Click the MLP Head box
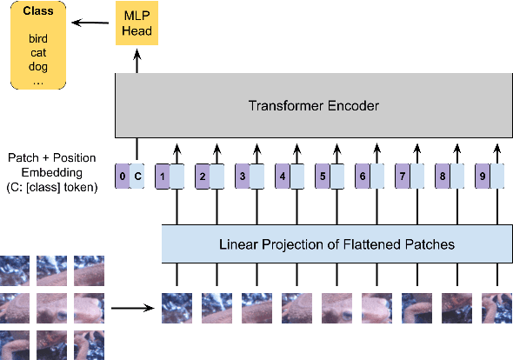tap(136, 24)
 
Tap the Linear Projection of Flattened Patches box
tap(336, 243)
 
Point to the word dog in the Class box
tap(38, 66)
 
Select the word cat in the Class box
tap(38, 53)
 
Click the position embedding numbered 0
tap(123, 177)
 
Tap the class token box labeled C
tap(137, 177)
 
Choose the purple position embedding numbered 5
tap(322, 177)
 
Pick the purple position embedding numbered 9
tap(483, 177)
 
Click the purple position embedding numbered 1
tap(162, 177)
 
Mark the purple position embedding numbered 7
tap(403, 177)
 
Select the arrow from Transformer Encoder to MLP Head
tap(136, 60)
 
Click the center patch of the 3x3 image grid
tap(52, 308)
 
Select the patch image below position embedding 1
tap(177, 307)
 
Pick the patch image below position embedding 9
tap(496, 307)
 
